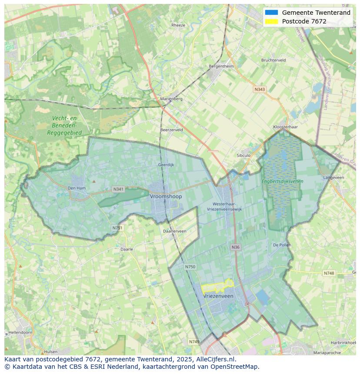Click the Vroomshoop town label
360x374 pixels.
pos(166,196)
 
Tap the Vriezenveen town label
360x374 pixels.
pos(218,296)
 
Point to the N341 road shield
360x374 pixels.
pos(118,189)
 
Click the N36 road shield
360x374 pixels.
pos(235,247)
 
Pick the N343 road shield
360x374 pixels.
pos(260,89)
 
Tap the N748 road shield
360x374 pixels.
pos(329,273)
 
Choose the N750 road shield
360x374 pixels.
pos(190,267)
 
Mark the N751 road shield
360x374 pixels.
pos(117,228)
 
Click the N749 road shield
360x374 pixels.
pos(194,342)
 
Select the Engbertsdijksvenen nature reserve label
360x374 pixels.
pos(282,181)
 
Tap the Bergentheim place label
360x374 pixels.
pos(221,66)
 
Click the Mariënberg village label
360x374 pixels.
pos(171,99)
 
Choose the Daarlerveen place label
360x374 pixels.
pos(174,231)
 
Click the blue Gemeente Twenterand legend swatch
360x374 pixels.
pos(271,13)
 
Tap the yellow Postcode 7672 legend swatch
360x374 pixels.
pos(271,21)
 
